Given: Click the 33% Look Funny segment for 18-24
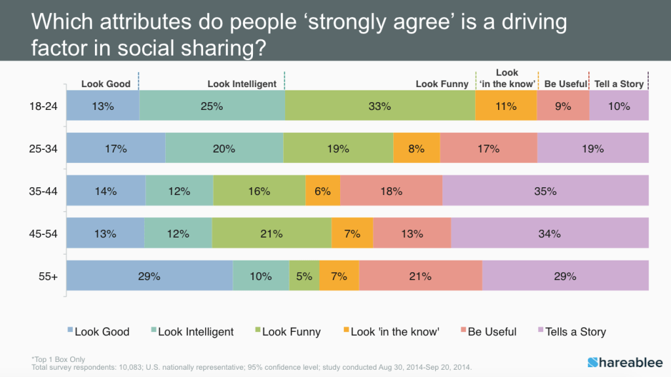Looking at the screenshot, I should point(380,105).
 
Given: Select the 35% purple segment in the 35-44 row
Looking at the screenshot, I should point(545,191).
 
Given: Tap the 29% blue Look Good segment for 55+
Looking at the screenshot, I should point(149,276).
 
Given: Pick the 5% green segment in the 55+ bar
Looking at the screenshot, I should point(304,276).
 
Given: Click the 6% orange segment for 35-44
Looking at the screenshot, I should point(322,191).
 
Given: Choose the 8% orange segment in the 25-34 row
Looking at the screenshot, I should point(416,149).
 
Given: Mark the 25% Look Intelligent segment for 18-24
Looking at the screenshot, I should point(212,105).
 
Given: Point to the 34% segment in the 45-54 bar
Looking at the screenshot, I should point(549,233).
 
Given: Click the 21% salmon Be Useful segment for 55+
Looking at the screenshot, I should point(420,276).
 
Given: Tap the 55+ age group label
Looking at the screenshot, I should point(48,276).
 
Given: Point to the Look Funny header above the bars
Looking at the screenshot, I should point(442,84).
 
